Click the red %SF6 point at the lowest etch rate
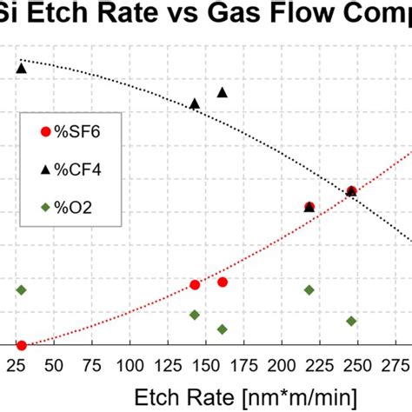[x=22, y=345]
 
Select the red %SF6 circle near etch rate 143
[x=195, y=284]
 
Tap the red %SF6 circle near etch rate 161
[x=223, y=282]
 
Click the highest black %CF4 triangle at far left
[x=22, y=68]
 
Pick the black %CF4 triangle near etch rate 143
[x=195, y=103]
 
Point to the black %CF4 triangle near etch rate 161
[x=223, y=92]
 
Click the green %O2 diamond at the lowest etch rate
[x=22, y=289]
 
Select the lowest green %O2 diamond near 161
[x=223, y=329]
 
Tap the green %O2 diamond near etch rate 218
[x=309, y=289]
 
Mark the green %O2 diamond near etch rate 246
[x=352, y=321]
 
